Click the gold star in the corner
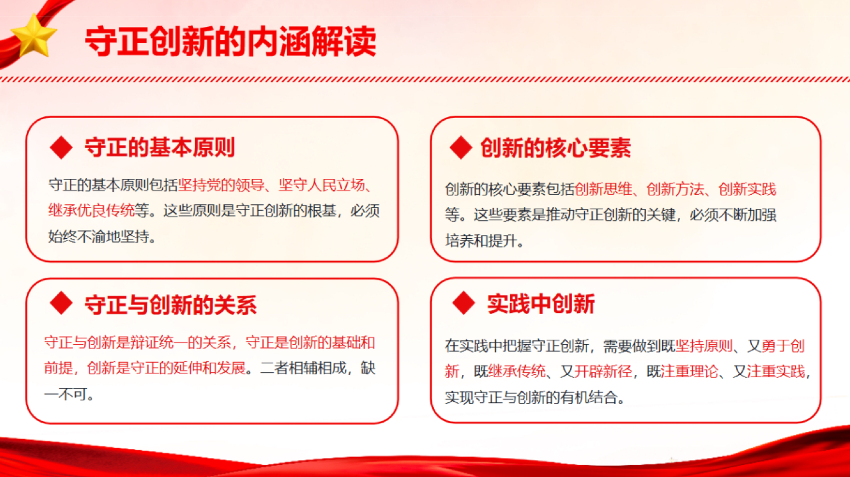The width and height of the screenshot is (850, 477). [33, 36]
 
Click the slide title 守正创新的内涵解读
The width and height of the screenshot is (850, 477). [231, 42]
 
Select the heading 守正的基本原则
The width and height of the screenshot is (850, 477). [160, 148]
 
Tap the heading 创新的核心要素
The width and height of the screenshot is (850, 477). [556, 148]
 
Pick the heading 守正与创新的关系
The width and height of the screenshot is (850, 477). [171, 305]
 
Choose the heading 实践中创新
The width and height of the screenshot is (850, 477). [541, 304]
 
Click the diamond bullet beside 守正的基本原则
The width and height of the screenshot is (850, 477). [61, 148]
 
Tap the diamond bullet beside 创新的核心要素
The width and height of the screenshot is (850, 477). [461, 148]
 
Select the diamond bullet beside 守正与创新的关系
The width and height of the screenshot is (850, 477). [61, 304]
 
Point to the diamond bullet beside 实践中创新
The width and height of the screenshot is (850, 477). [464, 304]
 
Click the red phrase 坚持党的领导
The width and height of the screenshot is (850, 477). [221, 185]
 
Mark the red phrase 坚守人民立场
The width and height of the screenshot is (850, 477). [321, 185]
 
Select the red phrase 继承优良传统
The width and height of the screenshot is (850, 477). [92, 211]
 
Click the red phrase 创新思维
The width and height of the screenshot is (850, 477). [603, 189]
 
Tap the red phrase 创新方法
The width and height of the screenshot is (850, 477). [675, 189]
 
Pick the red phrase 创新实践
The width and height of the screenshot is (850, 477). [747, 189]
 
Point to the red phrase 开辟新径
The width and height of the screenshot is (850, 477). [603, 372]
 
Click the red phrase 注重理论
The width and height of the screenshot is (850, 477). [689, 372]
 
